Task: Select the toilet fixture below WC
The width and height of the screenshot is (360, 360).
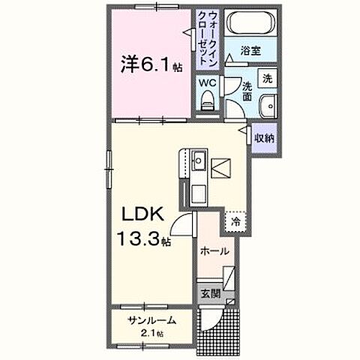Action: pyautogui.click(x=207, y=99)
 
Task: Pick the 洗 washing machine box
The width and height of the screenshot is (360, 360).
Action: pyautogui.click(x=266, y=77)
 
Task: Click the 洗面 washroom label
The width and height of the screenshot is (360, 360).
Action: pyautogui.click(x=247, y=91)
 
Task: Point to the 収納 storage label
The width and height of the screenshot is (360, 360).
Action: pyautogui.click(x=263, y=137)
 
